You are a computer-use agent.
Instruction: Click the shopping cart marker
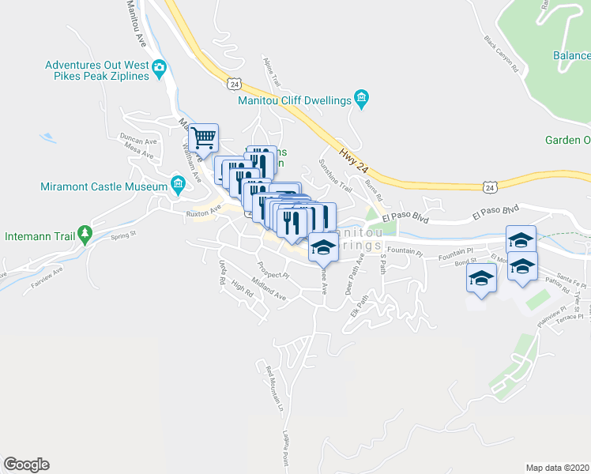tap(205, 139)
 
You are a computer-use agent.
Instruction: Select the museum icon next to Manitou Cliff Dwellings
tap(362, 100)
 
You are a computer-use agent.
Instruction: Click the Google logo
tap(26, 465)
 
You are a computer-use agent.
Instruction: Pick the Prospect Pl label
tap(274, 270)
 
